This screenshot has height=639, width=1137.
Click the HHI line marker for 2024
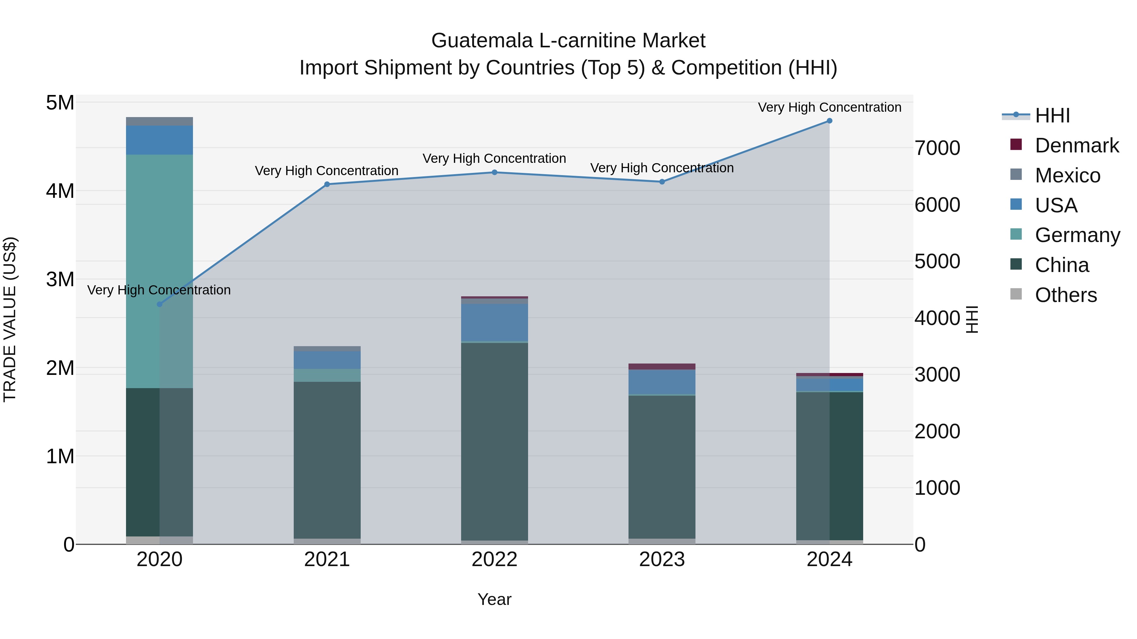point(829,121)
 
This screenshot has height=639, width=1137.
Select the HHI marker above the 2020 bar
point(160,304)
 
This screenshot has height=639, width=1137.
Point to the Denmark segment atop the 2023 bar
point(662,366)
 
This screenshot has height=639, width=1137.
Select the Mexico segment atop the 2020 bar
point(159,121)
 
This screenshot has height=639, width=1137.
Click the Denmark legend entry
point(1077,145)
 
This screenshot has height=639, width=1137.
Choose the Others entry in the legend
point(1066,295)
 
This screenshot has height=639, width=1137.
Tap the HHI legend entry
point(1052,115)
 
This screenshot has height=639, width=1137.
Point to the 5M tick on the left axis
point(60,103)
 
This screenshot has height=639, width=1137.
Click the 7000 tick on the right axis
point(937,148)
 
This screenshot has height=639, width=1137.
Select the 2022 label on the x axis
point(494,559)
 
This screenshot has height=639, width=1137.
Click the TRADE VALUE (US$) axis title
point(10,319)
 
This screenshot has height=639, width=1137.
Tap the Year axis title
point(494,599)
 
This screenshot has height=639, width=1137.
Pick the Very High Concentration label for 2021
point(327,171)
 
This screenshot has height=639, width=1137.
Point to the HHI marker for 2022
point(494,172)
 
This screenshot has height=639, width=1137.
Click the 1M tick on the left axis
point(60,456)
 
